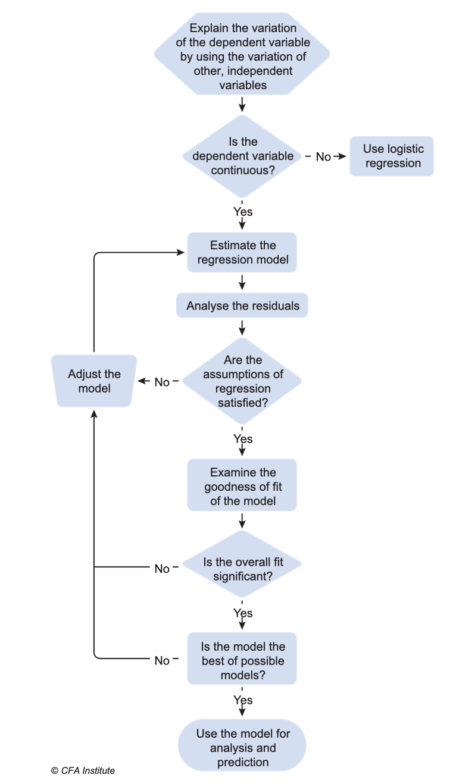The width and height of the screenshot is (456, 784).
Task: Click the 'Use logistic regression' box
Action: (392, 156)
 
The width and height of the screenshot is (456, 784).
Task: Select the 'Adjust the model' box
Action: (94, 381)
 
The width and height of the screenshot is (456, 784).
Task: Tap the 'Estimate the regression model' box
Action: (242, 252)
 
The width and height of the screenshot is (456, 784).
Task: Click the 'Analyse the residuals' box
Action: (242, 306)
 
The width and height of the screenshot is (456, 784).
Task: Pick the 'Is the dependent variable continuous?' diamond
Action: (242, 156)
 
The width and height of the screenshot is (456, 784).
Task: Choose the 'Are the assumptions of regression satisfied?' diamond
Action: (242, 381)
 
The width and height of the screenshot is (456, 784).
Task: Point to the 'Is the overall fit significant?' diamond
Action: (242, 564)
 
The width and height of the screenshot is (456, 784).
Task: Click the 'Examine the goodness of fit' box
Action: (242, 485)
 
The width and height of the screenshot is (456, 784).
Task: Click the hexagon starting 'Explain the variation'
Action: (242, 54)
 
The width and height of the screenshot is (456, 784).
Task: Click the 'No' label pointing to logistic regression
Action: (323, 157)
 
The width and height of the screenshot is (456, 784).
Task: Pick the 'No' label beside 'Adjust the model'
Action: (162, 382)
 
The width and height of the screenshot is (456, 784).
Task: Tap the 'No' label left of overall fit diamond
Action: (162, 569)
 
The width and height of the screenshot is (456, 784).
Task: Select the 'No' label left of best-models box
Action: (162, 660)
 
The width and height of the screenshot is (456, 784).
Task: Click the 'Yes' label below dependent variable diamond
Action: (243, 212)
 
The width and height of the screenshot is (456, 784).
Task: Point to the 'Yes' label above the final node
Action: (243, 700)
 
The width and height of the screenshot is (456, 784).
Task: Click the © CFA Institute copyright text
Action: (83, 770)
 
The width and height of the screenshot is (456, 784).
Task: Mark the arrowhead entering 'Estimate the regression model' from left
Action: (181, 252)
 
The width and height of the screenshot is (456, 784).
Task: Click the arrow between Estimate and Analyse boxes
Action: (242, 282)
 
